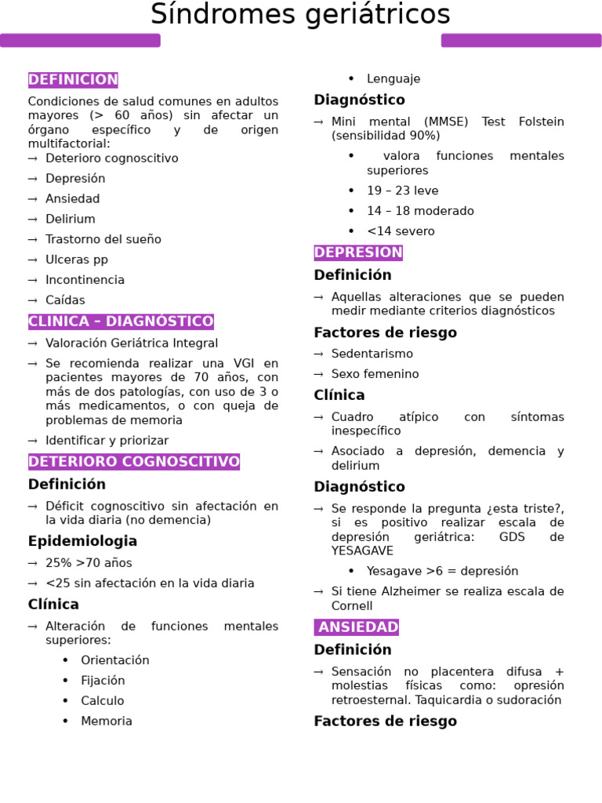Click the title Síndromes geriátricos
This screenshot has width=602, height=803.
pyautogui.click(x=300, y=15)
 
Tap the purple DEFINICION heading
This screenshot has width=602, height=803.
pyautogui.click(x=73, y=80)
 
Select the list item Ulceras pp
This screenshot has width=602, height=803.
pyautogui.click(x=77, y=260)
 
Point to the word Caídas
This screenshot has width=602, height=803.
pyautogui.click(x=65, y=300)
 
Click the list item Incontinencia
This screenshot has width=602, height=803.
pyautogui.click(x=85, y=280)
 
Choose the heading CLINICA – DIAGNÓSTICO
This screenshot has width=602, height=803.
pyautogui.click(x=121, y=322)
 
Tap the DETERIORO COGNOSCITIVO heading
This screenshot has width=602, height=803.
pyautogui.click(x=134, y=462)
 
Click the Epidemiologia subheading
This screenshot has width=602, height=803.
pyautogui.click(x=82, y=541)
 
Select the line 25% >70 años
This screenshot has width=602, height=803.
pyautogui.click(x=89, y=563)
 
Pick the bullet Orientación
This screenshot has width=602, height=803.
pyautogui.click(x=114, y=660)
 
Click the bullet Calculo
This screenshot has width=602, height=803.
pyautogui.click(x=102, y=701)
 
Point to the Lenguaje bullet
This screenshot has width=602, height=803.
pyautogui.click(x=393, y=78)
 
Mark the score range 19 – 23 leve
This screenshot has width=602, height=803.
pyautogui.click(x=402, y=191)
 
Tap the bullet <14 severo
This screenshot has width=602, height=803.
pyautogui.click(x=401, y=231)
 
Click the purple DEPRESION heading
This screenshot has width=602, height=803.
pyautogui.click(x=358, y=253)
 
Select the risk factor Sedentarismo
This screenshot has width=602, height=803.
pyautogui.click(x=372, y=354)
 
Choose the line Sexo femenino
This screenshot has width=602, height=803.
pyautogui.click(x=375, y=374)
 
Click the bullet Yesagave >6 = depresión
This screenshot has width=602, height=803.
pyautogui.click(x=442, y=571)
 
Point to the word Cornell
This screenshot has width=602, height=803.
pyautogui.click(x=352, y=605)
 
